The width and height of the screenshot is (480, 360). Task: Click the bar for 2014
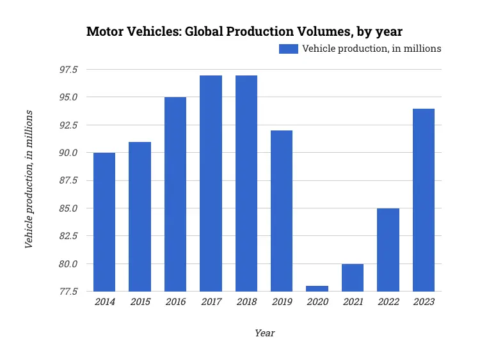104,222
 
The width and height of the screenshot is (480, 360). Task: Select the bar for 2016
175,194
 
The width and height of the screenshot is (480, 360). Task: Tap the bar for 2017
211,184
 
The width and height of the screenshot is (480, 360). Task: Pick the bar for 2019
282,211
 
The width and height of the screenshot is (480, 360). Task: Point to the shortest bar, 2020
317,288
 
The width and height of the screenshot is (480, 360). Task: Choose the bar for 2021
353,278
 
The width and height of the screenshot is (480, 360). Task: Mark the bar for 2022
388,250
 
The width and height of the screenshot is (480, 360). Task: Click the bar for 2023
423,200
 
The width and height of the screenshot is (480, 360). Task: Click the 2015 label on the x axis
140,302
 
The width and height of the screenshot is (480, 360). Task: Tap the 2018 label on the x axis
246,302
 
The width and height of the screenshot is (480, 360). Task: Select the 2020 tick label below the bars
317,302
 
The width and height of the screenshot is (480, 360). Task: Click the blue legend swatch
288,49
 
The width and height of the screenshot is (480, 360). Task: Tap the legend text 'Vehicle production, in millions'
371,49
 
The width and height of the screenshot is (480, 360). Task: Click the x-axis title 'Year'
264,333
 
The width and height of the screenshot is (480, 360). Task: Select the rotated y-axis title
29,180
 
